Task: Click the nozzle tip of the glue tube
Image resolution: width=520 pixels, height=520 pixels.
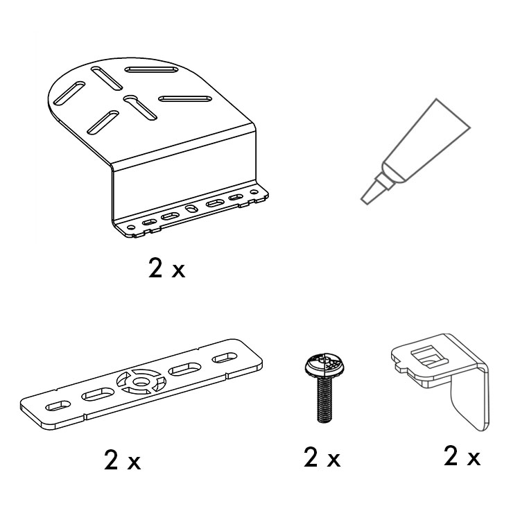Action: (x=366, y=200)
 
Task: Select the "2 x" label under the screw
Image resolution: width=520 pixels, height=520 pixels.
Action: (x=322, y=457)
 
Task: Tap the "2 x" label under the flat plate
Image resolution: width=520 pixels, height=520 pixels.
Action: (x=122, y=459)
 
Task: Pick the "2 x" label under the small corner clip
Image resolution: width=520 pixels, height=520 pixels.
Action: (x=462, y=456)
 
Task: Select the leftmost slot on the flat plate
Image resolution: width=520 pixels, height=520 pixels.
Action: (x=58, y=406)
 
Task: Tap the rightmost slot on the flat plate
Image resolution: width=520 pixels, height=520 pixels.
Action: (x=225, y=358)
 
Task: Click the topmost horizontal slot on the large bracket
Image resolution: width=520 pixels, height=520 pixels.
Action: (x=152, y=69)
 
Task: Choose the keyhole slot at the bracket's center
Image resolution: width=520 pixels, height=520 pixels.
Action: (x=139, y=107)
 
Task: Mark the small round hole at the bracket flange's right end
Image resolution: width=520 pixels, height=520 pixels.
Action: (x=254, y=191)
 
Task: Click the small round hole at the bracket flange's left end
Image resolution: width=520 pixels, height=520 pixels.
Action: (x=131, y=227)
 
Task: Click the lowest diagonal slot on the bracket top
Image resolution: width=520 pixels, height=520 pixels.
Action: (x=103, y=122)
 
